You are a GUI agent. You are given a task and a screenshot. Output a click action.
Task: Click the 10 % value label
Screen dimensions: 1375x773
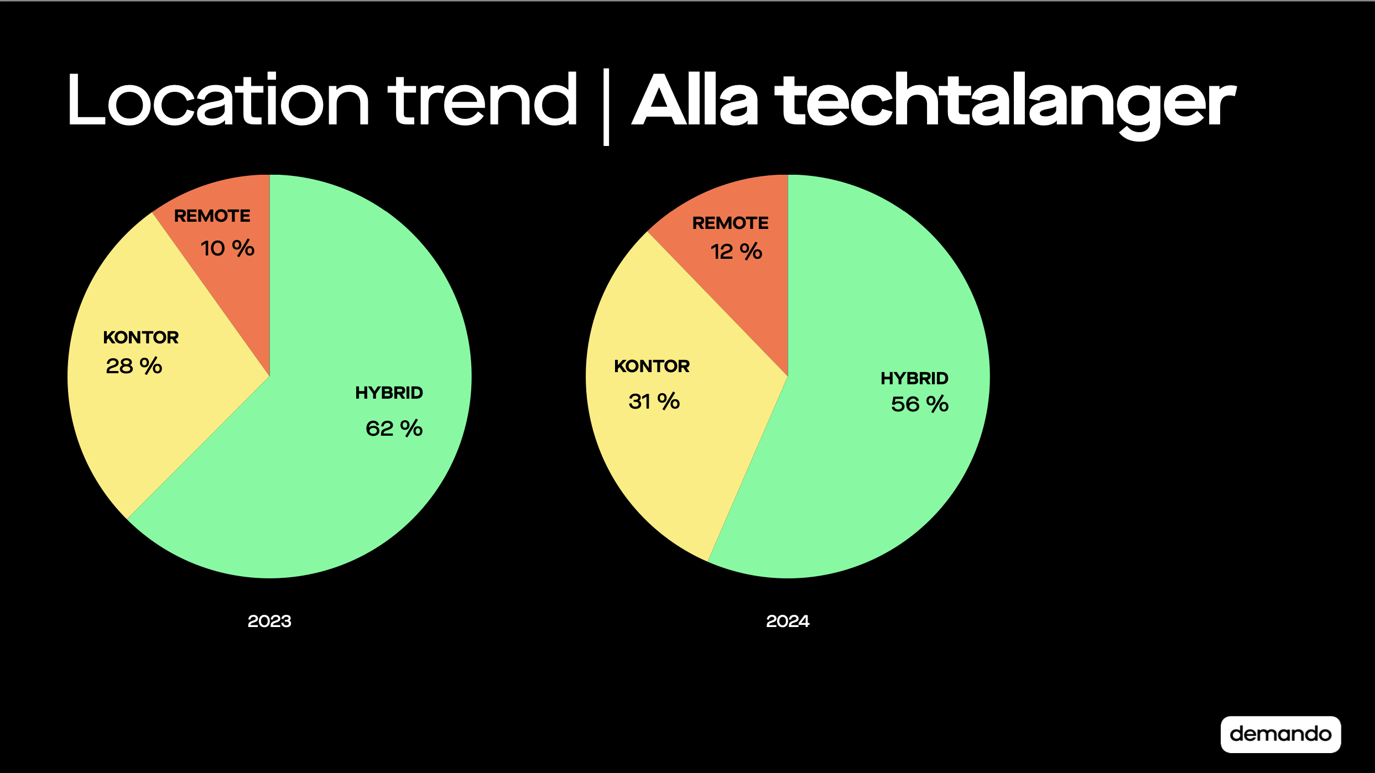point(227,248)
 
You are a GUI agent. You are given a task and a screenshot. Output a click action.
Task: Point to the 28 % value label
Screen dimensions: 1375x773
point(134,366)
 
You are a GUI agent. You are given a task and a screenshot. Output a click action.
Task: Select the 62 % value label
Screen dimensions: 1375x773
point(394,429)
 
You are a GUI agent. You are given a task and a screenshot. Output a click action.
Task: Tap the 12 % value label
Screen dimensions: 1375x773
point(736,252)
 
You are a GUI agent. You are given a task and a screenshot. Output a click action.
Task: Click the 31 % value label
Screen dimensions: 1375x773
point(654,401)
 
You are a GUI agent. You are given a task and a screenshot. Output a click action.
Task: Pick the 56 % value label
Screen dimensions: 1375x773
point(920,404)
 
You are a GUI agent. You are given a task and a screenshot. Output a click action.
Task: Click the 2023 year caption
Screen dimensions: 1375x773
point(269,621)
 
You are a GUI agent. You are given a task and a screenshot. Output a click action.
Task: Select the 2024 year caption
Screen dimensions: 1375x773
point(788,621)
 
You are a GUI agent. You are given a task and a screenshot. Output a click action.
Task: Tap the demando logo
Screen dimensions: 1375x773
point(1280,734)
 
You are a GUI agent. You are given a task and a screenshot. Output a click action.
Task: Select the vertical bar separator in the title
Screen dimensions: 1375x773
point(606,107)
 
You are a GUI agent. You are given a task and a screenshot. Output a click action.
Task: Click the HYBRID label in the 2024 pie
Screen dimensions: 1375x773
point(915,378)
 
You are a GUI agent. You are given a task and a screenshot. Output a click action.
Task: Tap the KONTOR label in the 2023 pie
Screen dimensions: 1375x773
point(141,337)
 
